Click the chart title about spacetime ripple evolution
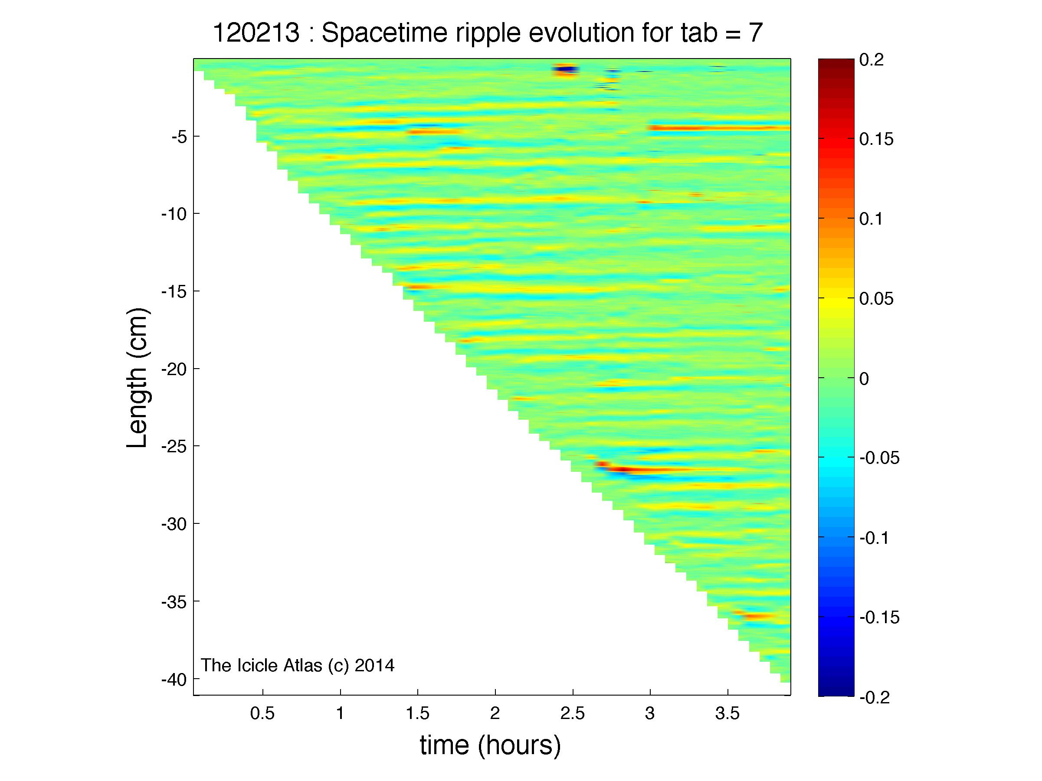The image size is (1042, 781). tap(488, 33)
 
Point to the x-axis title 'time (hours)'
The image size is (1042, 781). tap(490, 745)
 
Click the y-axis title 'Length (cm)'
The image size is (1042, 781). tap(138, 378)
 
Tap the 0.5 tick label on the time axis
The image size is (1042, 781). tap(262, 714)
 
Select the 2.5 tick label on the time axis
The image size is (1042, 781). tap(572, 714)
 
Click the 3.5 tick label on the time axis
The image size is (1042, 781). tap(727, 714)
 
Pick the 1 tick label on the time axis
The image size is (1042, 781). tap(340, 714)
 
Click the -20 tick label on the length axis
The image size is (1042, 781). tap(174, 369)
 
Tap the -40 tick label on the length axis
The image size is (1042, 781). tap(174, 680)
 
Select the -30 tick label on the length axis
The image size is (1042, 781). tap(174, 524)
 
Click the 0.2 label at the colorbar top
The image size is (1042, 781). tap(872, 60)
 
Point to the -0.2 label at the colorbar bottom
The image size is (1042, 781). tap(874, 697)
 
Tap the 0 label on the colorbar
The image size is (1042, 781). tap(864, 379)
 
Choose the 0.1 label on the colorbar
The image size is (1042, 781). tap(872, 219)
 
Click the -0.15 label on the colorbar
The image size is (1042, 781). tap(879, 617)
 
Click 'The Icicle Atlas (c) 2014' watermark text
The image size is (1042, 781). tap(298, 665)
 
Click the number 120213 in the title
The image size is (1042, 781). tap(256, 33)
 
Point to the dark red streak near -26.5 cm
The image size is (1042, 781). tap(622, 469)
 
